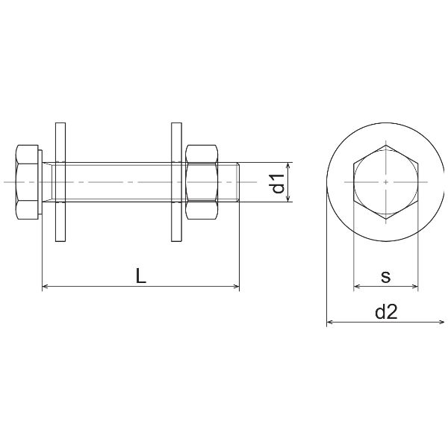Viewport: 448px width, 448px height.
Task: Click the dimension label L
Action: (140, 276)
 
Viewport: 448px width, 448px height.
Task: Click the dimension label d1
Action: (277, 183)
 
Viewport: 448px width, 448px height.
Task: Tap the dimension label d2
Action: (385, 313)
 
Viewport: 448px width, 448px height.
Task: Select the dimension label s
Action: (385, 276)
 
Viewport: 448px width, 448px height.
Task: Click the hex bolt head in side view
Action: (27, 182)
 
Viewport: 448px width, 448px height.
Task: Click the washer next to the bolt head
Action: (60, 182)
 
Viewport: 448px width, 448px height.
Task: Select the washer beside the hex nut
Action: (177, 182)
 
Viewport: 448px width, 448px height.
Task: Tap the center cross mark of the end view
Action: (385, 182)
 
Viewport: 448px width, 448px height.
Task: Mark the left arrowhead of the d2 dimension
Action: (330, 323)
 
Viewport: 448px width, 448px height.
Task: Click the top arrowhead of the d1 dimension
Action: (287, 167)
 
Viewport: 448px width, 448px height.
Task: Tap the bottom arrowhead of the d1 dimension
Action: (287, 199)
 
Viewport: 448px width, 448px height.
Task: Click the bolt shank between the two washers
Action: (119, 182)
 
